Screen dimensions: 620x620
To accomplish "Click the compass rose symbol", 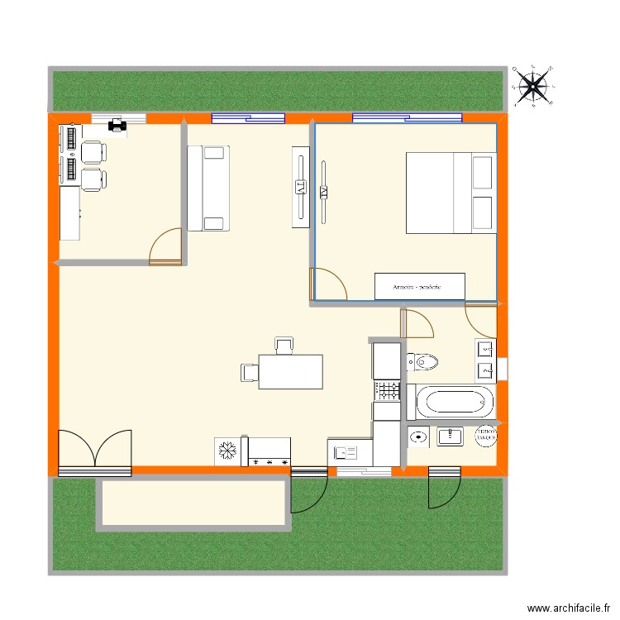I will click(x=533, y=84).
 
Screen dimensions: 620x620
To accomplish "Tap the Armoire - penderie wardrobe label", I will click(x=419, y=286).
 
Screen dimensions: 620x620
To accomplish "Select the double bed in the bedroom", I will click(x=449, y=192).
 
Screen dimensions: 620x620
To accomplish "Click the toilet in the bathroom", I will click(x=424, y=361).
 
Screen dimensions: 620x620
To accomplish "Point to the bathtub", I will click(x=455, y=403).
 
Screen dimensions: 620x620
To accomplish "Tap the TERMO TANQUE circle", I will click(x=485, y=436).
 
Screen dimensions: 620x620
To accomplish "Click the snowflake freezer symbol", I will click(x=226, y=451).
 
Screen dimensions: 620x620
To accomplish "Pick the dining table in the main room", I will click(x=290, y=371).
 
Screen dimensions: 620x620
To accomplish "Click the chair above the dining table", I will click(x=284, y=346).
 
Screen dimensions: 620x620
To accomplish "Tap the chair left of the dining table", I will click(x=249, y=372).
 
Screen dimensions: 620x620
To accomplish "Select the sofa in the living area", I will click(x=207, y=188).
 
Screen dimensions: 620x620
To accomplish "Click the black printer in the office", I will click(x=117, y=125).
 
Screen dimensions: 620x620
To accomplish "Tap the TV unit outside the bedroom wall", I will click(x=301, y=188).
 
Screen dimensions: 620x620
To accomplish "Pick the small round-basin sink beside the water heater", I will click(x=418, y=437).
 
